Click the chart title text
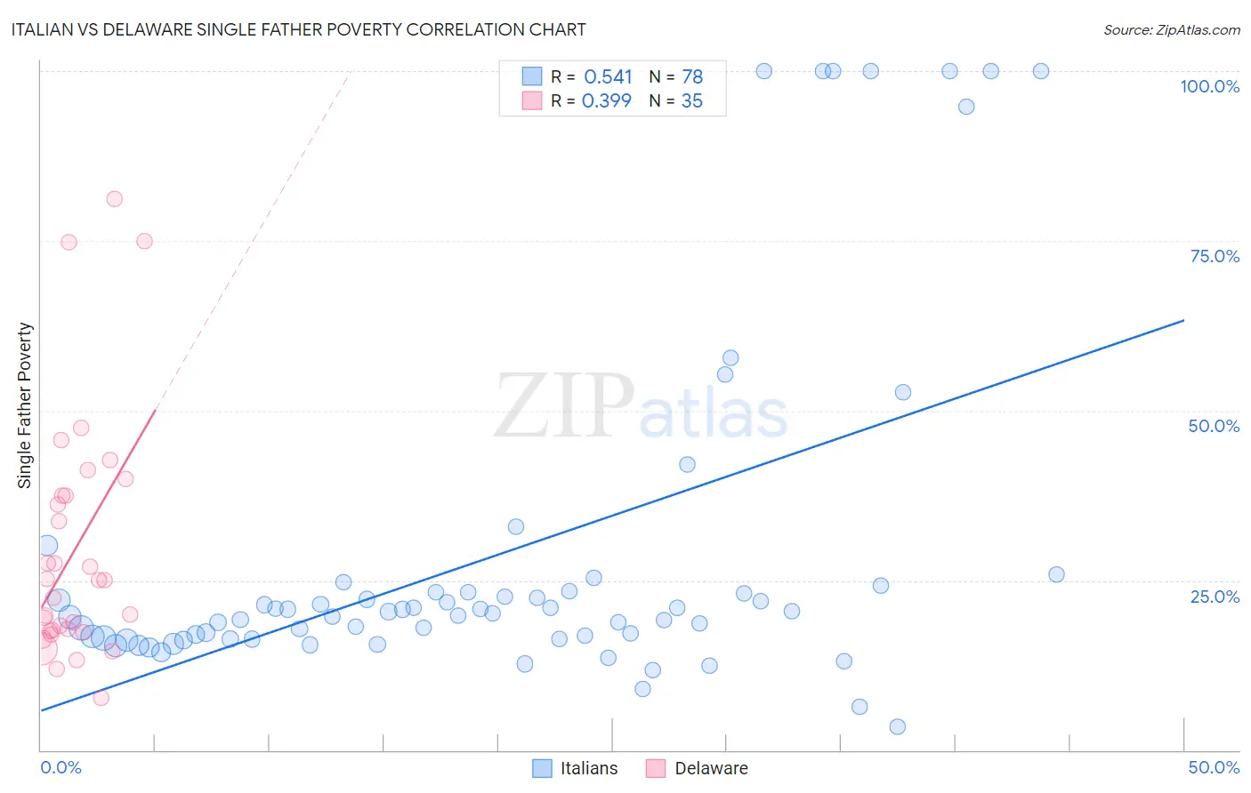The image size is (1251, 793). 298,29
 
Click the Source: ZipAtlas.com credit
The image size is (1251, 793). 1171,29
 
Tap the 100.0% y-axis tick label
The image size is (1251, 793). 1209,86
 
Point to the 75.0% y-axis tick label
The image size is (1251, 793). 1215,256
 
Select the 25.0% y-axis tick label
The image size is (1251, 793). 1215,596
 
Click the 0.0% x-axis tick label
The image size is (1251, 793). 61,767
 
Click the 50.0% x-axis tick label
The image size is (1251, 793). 1214,767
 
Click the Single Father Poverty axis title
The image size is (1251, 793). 25,405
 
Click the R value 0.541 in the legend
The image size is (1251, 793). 608,77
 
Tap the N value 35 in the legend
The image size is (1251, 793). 692,101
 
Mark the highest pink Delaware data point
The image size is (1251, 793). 115,199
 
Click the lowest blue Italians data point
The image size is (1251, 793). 898,727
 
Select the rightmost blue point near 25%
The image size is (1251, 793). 1056,574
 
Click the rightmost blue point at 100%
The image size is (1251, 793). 1041,71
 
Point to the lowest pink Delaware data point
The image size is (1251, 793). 101,698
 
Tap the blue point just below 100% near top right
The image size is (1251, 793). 966,107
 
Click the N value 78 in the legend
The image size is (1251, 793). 692,77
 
